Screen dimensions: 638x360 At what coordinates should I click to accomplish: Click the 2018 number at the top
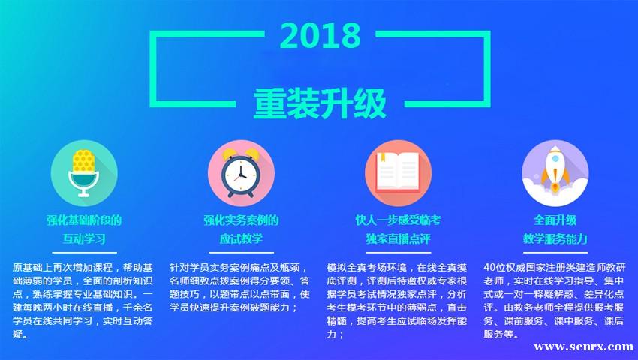tap(321, 35)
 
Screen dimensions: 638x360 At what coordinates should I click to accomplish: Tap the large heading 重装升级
tap(320, 103)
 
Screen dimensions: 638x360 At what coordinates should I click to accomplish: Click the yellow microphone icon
tap(84, 173)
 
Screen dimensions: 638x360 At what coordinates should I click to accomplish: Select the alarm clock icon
tap(241, 173)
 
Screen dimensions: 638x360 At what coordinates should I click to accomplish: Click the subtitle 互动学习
tap(84, 238)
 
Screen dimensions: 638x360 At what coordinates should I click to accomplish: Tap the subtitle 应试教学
tap(241, 238)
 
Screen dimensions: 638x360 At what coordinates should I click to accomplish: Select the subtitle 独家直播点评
tap(398, 238)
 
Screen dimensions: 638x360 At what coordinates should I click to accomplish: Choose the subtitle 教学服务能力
tap(555, 238)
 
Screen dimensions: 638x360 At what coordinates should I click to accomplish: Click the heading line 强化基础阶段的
tap(84, 220)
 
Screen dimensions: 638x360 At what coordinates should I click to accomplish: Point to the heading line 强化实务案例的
tap(241, 220)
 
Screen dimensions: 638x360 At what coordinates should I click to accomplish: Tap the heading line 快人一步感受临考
tap(398, 220)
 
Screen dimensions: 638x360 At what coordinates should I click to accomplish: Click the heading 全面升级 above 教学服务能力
tap(555, 220)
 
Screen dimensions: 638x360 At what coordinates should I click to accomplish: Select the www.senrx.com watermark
tap(583, 346)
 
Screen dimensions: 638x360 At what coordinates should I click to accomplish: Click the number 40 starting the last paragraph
tap(489, 268)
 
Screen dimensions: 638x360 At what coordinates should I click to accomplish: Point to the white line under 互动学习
tap(84, 253)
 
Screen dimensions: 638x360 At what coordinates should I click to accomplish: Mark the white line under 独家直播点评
tap(398, 253)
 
